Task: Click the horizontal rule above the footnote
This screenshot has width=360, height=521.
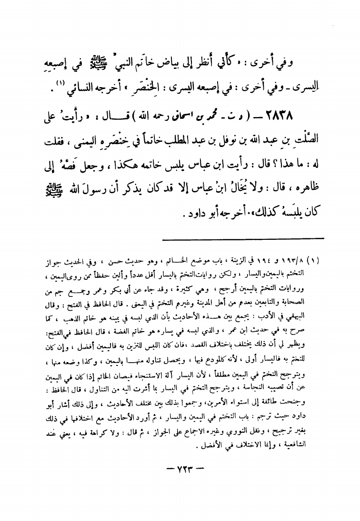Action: pos(243,238)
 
